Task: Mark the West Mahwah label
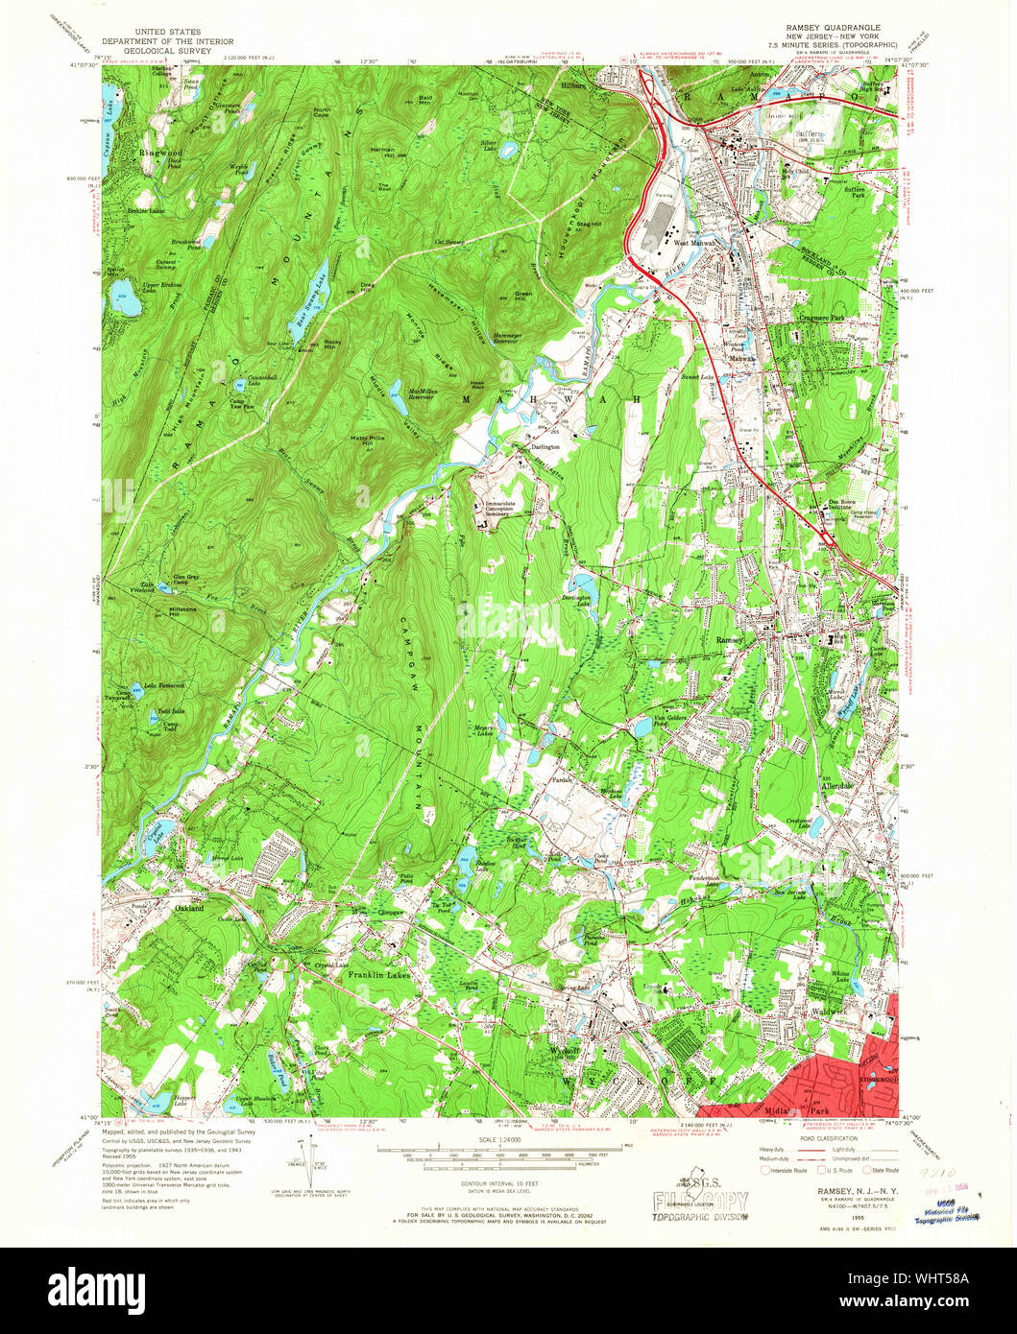coord(694,244)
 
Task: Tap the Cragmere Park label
coord(818,317)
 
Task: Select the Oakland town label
coord(189,908)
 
